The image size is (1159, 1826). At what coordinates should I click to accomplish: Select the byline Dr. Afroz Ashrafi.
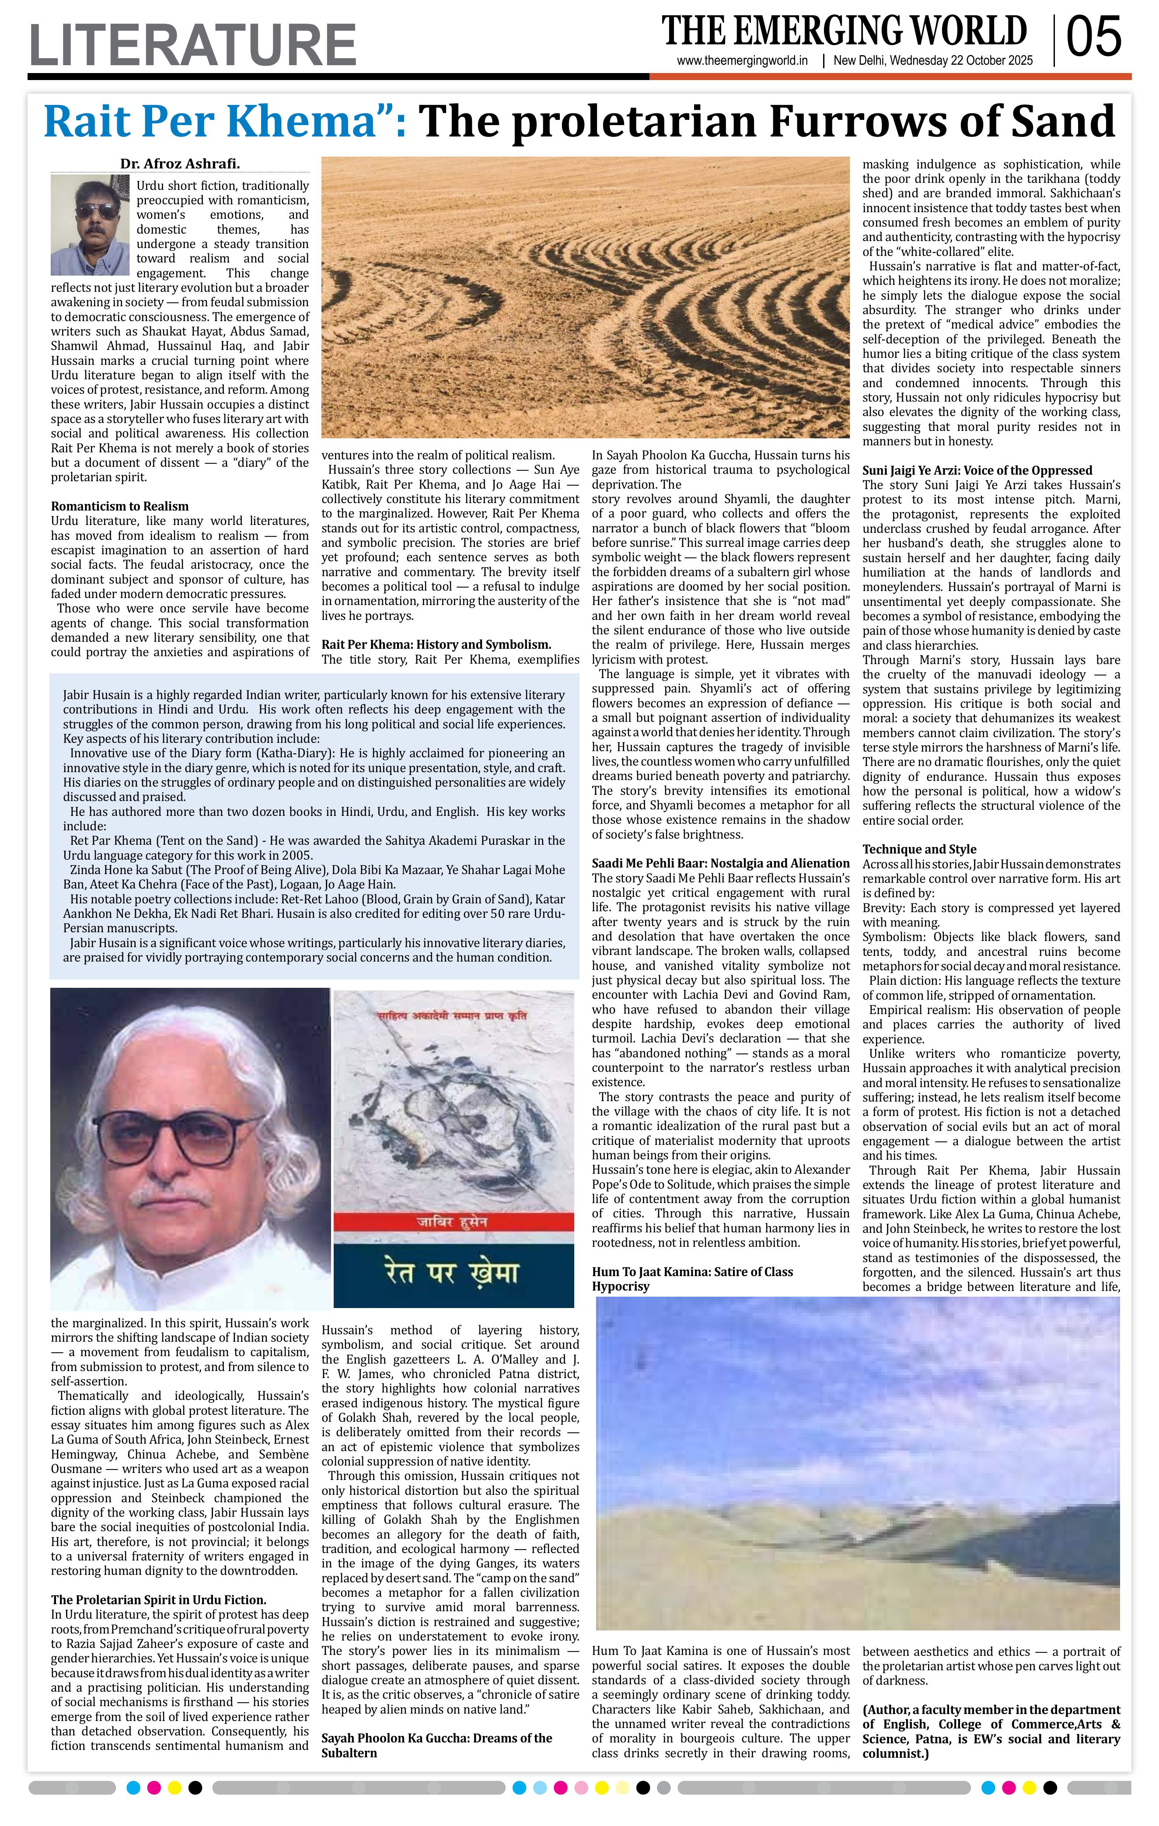click(180, 164)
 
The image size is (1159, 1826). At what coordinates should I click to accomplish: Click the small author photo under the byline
click(90, 225)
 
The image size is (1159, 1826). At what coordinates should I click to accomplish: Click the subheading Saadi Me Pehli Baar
click(720, 863)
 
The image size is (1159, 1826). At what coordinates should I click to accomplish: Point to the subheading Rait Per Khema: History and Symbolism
click(436, 644)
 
